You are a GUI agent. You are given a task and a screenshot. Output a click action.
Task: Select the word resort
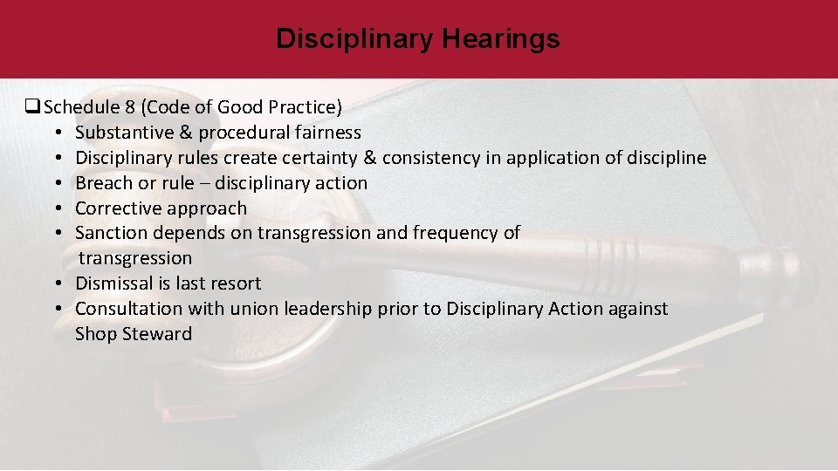pyautogui.click(x=235, y=283)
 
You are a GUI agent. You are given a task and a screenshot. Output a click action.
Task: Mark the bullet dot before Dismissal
pyautogui.click(x=55, y=283)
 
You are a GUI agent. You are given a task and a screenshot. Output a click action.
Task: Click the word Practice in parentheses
pyautogui.click(x=297, y=108)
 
